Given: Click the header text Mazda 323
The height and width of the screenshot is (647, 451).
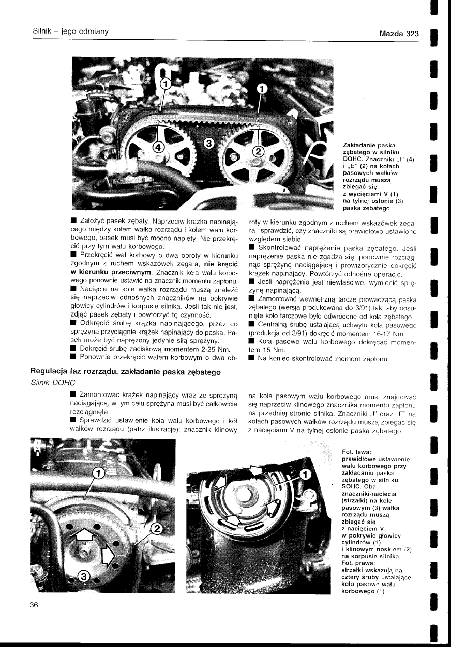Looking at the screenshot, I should coord(398,34).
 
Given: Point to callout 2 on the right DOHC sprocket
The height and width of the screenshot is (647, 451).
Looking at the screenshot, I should coord(257,151).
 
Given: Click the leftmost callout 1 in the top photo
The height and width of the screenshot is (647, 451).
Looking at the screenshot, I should coord(165,84).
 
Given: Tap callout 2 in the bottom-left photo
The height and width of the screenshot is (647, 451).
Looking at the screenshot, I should coord(157,528).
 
